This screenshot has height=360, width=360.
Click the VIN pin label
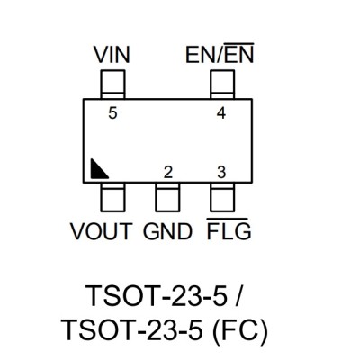[112, 55]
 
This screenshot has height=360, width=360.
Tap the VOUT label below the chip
[102, 231]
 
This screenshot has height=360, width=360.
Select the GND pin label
[167, 231]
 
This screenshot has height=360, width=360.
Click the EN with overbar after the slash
[239, 53]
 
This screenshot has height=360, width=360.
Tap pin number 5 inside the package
[112, 113]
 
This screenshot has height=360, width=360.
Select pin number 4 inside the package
[221, 113]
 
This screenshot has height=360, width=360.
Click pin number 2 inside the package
[168, 173]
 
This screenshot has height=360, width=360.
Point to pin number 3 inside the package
[221, 173]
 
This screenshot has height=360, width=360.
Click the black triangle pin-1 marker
[97, 171]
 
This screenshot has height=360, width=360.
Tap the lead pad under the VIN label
[112, 85]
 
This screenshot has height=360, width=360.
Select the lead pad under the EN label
[222, 85]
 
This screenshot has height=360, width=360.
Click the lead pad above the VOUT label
[112, 197]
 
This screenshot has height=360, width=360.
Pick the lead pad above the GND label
[167, 197]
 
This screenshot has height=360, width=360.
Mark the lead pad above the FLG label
[222, 197]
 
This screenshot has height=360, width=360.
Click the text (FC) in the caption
[239, 330]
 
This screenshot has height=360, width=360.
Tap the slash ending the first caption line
[237, 295]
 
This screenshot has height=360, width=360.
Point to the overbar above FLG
[228, 220]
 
